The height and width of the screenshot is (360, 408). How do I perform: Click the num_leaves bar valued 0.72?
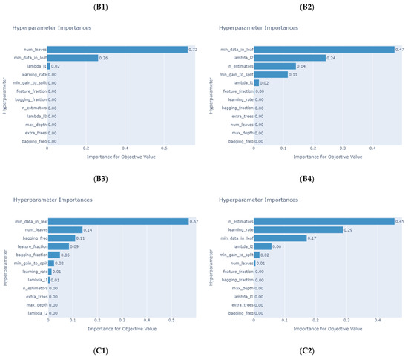pos(117,50)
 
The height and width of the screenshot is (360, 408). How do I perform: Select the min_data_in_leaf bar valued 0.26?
pos(73,58)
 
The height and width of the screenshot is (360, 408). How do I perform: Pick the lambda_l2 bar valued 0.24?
pos(289,58)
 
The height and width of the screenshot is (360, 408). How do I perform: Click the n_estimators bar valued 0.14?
pos(274,66)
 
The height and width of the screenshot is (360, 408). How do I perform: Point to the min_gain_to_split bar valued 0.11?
pos(270,74)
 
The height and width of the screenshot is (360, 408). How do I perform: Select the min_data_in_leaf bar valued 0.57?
pos(118,221)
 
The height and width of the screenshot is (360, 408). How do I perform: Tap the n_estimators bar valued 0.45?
pos(323,221)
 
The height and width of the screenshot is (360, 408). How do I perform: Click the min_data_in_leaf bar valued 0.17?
pos(280,238)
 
